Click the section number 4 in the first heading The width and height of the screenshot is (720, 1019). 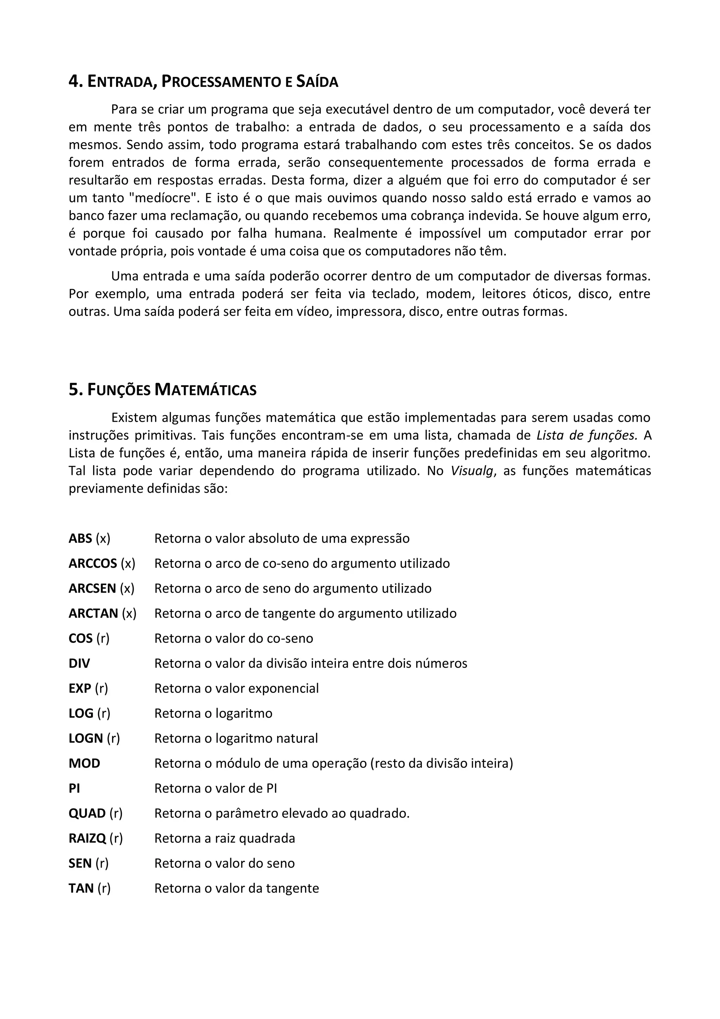point(73,82)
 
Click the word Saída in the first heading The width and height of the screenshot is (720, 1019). point(317,82)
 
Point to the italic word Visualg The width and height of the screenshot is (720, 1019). point(471,471)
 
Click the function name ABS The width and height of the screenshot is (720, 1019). point(80,539)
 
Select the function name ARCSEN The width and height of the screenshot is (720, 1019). point(92,588)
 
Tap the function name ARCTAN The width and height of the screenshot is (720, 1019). point(93,613)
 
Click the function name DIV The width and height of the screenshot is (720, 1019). point(79,663)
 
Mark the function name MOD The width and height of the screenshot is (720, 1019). point(84,763)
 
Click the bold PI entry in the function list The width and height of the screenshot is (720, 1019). point(74,788)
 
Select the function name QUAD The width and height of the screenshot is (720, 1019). point(87,814)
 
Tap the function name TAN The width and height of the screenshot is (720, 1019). point(81,889)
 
